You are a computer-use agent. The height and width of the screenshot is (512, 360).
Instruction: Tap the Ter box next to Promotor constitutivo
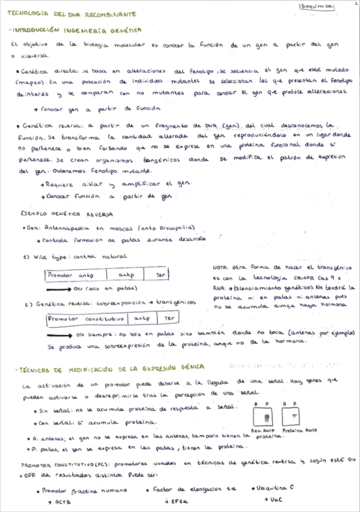170,318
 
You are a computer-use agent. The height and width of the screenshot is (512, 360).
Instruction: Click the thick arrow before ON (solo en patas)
59,289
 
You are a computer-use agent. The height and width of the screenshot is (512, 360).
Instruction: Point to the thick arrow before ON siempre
59,333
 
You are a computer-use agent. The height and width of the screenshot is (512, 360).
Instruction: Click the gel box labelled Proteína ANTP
295,417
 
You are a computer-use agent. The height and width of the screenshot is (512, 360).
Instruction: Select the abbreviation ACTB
62,502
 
